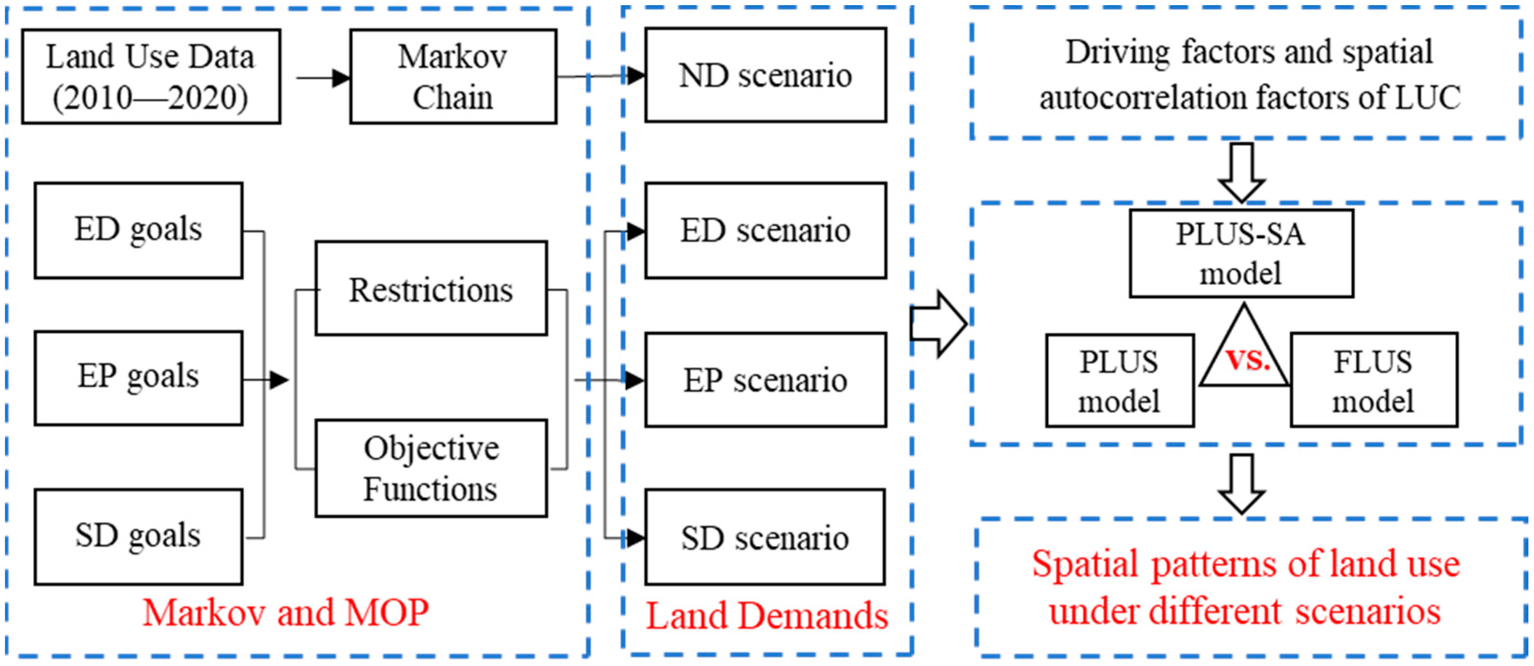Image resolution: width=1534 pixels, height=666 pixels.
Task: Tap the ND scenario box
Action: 765,75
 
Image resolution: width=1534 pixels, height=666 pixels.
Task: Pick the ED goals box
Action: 138,230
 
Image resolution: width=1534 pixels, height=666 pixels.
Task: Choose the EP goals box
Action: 138,378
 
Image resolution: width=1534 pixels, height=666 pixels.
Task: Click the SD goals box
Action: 138,536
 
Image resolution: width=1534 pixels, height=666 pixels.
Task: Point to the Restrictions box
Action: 431,289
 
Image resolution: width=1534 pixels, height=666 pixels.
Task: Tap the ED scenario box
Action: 765,230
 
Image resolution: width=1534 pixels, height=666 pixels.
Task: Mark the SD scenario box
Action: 765,537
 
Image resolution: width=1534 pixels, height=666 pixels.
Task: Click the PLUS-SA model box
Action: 1241,253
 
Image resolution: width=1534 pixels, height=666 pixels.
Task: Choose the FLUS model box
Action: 1373,380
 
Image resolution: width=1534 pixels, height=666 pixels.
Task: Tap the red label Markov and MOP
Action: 286,612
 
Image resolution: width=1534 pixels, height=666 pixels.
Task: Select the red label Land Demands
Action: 766,616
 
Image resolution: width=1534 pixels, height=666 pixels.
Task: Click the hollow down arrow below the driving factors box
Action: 1242,172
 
